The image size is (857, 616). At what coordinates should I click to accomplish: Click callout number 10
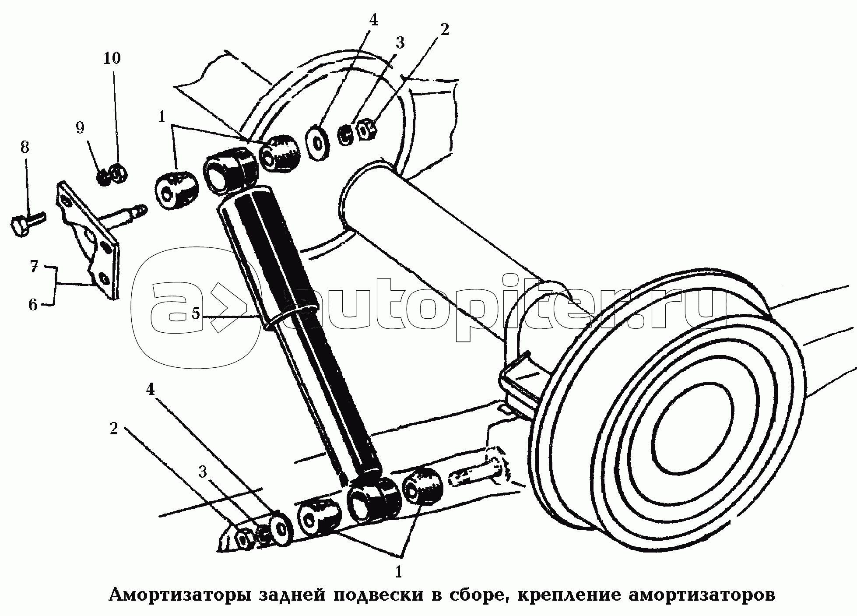tap(112, 58)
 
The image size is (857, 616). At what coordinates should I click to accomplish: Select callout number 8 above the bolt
tap(25, 148)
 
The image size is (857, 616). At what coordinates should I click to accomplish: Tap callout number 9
tap(80, 128)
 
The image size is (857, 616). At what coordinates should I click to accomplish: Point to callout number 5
tap(195, 313)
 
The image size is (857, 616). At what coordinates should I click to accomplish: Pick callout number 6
tap(33, 304)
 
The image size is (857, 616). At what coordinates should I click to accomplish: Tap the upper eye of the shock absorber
tap(228, 171)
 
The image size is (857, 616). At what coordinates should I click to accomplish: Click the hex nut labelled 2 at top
tap(367, 129)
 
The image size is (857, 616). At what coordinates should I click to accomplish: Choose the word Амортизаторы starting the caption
tap(180, 595)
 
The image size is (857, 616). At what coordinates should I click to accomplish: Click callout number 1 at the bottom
tap(398, 571)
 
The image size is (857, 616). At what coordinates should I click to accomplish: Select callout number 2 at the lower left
tap(114, 429)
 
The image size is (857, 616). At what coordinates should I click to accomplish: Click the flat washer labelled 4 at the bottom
tap(281, 529)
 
